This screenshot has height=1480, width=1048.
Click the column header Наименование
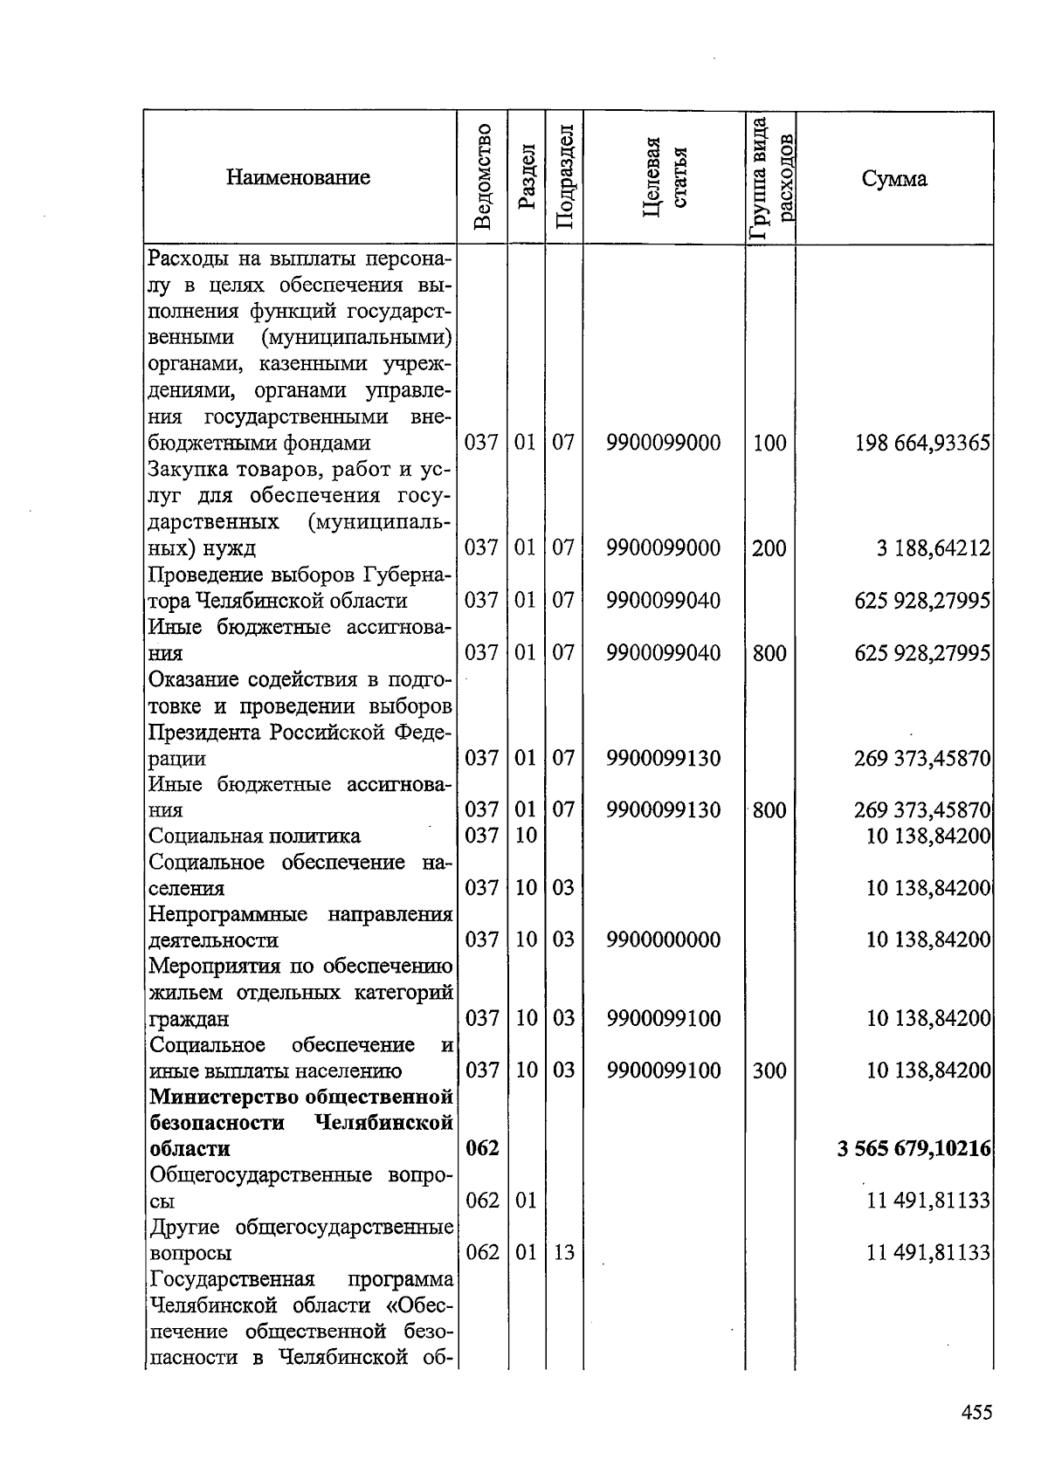click(x=298, y=177)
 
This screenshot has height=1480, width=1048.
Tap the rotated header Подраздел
click(x=564, y=177)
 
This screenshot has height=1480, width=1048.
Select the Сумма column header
click(x=894, y=179)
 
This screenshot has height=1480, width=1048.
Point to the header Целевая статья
click(x=664, y=177)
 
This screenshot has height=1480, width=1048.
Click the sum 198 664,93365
click(x=922, y=443)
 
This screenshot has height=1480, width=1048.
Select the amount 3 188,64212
click(x=934, y=548)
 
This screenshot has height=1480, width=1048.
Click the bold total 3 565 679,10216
click(x=914, y=1148)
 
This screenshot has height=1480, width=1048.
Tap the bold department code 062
click(x=481, y=1148)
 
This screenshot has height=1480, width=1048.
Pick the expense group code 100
click(x=769, y=443)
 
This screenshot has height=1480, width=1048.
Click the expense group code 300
click(x=769, y=1070)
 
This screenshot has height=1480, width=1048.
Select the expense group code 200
click(x=769, y=548)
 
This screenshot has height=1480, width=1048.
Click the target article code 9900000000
click(x=664, y=940)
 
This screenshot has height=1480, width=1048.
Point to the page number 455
click(x=976, y=1412)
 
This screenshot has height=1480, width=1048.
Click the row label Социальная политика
click(x=254, y=836)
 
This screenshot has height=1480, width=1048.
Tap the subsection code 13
click(x=564, y=1253)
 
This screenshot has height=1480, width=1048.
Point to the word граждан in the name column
click(x=190, y=1019)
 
